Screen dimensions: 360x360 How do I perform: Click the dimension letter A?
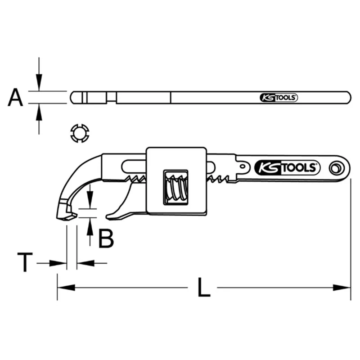click(x=15, y=97)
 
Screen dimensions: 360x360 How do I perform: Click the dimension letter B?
click(x=106, y=238)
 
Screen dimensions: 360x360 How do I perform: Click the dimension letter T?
click(x=25, y=262)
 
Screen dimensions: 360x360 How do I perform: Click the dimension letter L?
click(x=204, y=287)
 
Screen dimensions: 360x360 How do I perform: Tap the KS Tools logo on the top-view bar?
click(x=279, y=98)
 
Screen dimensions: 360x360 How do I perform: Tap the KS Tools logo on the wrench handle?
click(x=287, y=167)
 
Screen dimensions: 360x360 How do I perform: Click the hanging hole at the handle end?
click(x=337, y=168)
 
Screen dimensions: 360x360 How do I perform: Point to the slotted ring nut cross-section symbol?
click(x=80, y=133)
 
